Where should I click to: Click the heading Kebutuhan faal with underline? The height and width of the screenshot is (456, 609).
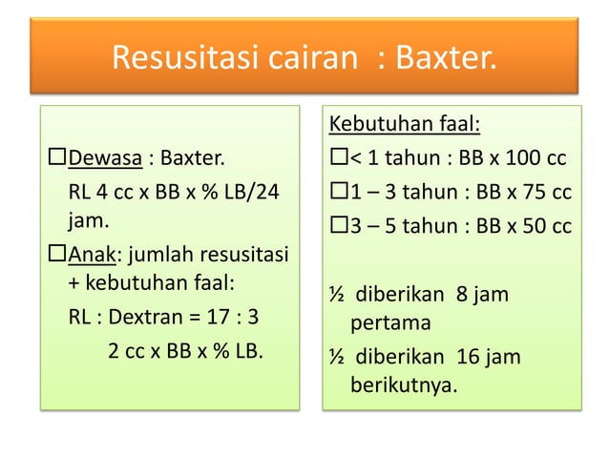pos(404,125)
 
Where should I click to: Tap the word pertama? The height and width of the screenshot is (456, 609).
pos(390,322)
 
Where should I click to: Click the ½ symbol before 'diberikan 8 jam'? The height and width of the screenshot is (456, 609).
pos(336,294)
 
